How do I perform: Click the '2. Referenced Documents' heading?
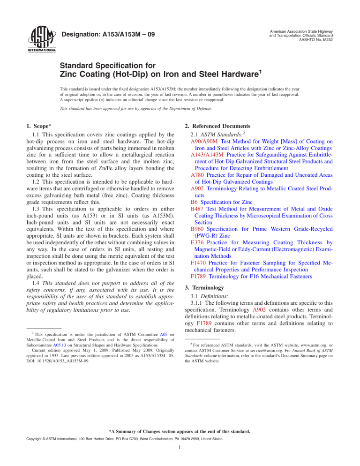[x=225, y=125]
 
